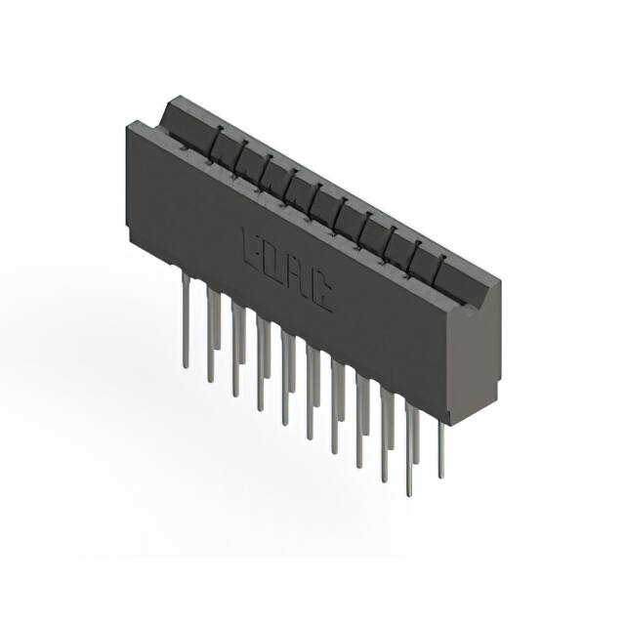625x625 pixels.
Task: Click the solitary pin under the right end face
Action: pyautogui.click(x=440, y=449)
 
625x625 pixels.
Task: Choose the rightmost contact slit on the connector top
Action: pyautogui.click(x=439, y=265)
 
